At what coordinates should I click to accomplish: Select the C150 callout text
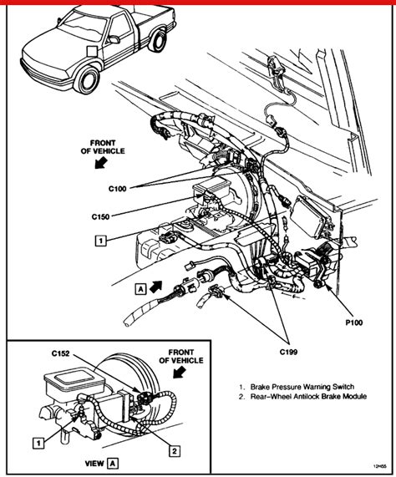pos(102,216)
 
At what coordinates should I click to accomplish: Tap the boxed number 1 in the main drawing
pos(99,241)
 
